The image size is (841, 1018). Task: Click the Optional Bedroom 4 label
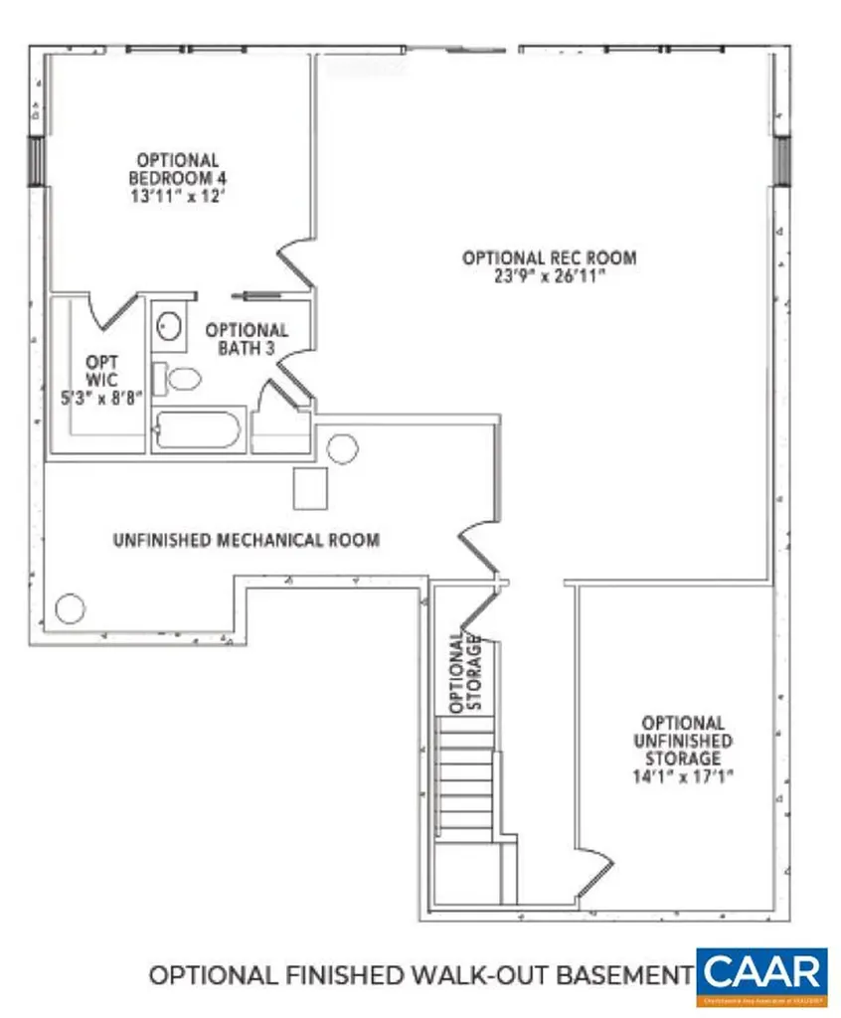(177, 168)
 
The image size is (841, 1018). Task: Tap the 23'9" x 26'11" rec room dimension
(549, 276)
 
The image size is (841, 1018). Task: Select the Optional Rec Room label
(549, 257)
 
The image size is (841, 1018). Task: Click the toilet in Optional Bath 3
(183, 379)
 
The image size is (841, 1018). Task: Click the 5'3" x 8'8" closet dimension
(100, 395)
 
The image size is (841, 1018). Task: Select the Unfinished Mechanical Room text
(246, 541)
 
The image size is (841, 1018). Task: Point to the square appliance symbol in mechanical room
(311, 488)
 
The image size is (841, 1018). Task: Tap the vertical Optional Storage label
(465, 673)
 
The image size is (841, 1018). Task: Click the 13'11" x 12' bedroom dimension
(177, 196)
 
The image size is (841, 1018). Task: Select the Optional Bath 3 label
(247, 338)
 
